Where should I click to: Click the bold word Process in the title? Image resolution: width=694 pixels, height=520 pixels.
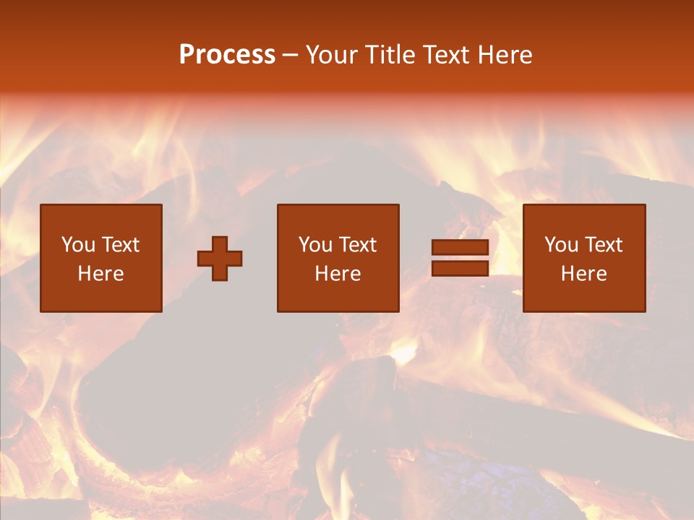pos(227,55)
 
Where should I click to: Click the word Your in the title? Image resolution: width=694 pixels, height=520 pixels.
pos(332,55)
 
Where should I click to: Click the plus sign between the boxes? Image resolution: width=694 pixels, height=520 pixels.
pos(220,259)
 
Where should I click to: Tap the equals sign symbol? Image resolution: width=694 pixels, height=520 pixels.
pos(460,259)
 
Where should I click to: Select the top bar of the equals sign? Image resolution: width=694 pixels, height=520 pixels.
pos(460,248)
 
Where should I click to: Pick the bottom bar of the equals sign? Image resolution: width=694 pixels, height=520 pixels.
pos(460,269)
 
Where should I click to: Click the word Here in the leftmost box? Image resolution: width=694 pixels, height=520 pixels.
pos(101,274)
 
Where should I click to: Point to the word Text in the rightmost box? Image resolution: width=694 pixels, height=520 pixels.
pos(604,245)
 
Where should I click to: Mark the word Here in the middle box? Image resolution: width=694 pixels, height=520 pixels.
pos(338,274)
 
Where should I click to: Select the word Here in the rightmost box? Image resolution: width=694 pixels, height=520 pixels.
pos(584,274)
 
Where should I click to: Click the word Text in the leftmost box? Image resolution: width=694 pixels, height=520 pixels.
pos(121,245)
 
